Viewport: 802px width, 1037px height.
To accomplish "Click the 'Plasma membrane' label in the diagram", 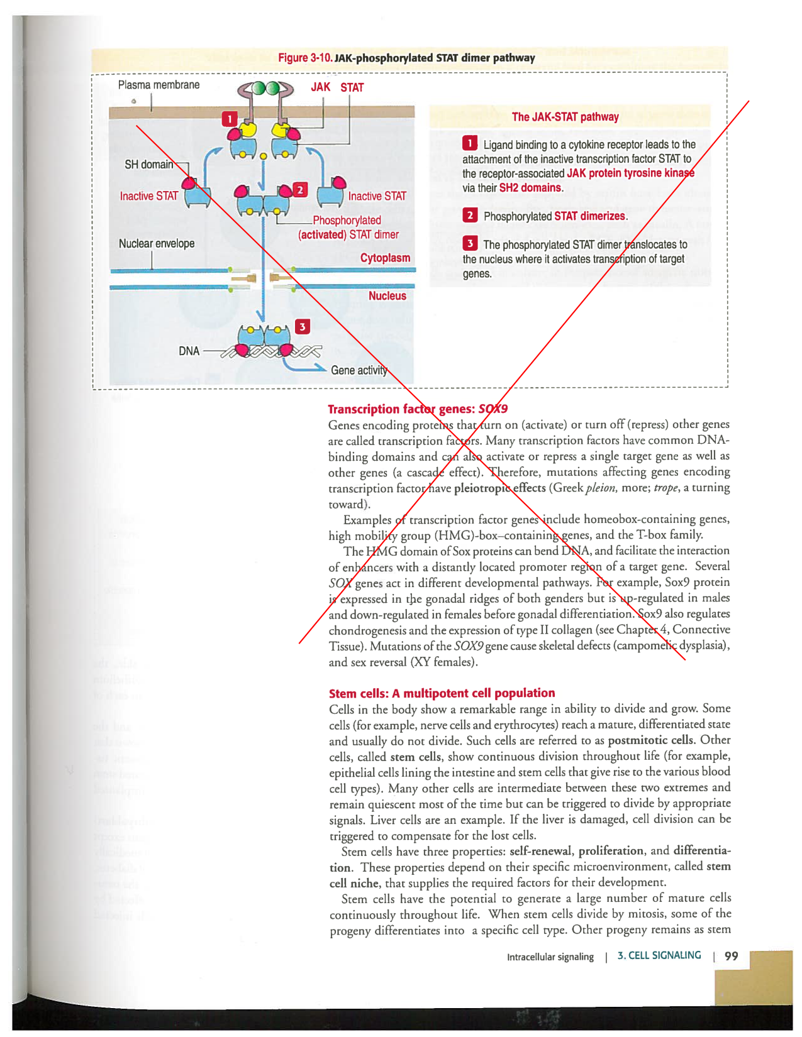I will (x=159, y=85).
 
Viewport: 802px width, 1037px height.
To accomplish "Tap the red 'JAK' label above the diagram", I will (x=320, y=87).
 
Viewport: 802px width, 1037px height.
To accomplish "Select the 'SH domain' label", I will (x=148, y=165).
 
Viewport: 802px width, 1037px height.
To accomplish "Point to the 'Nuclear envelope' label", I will (x=157, y=244).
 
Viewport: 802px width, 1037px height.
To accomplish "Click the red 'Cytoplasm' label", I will (x=385, y=258).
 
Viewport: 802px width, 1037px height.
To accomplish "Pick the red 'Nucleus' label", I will (x=387, y=296).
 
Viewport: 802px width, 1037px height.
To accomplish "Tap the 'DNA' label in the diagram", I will (x=189, y=351).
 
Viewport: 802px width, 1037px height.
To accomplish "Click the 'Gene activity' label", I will (x=359, y=370).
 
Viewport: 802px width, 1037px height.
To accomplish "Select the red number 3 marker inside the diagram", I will (x=303, y=327).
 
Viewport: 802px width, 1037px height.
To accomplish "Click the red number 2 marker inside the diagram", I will (x=300, y=190).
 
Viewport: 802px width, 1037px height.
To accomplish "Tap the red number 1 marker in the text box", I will (x=469, y=144).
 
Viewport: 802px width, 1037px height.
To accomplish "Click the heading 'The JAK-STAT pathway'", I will (x=565, y=117).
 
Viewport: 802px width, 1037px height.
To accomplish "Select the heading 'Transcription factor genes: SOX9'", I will (x=418, y=409).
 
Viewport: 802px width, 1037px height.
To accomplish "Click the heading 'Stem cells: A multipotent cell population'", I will (x=442, y=693).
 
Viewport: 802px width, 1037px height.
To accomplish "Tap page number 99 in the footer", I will (x=731, y=956).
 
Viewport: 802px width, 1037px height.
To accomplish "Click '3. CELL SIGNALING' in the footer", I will (x=659, y=955).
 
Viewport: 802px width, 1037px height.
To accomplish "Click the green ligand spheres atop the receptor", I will (x=265, y=88).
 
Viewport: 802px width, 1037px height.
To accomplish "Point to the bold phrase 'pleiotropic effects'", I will (x=499, y=488).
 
